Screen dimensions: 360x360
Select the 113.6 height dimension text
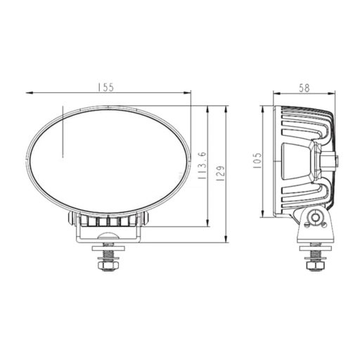click(x=202, y=167)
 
